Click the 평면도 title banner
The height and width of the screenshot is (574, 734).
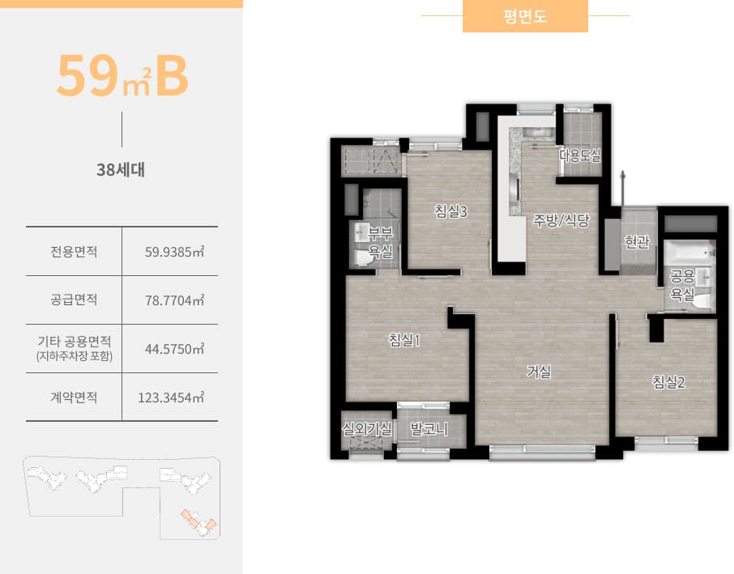[x=525, y=16]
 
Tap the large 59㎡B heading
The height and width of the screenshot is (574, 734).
[x=122, y=75]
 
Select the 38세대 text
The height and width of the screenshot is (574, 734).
[x=122, y=171]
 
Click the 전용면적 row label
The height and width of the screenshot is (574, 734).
[x=74, y=251]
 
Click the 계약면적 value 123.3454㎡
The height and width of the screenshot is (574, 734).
[x=172, y=398]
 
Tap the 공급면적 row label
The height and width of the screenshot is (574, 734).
[x=74, y=300]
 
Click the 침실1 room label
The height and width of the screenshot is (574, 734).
[x=404, y=341]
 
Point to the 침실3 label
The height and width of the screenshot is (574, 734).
[x=451, y=212]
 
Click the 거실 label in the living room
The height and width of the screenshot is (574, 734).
[x=539, y=372]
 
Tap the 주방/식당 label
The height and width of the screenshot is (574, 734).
[x=561, y=220]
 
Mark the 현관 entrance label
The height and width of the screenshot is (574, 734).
[x=638, y=241]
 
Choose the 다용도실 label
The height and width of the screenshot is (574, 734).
[x=580, y=155]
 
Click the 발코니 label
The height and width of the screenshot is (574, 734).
[x=429, y=428]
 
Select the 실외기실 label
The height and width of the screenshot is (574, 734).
[x=367, y=428]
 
